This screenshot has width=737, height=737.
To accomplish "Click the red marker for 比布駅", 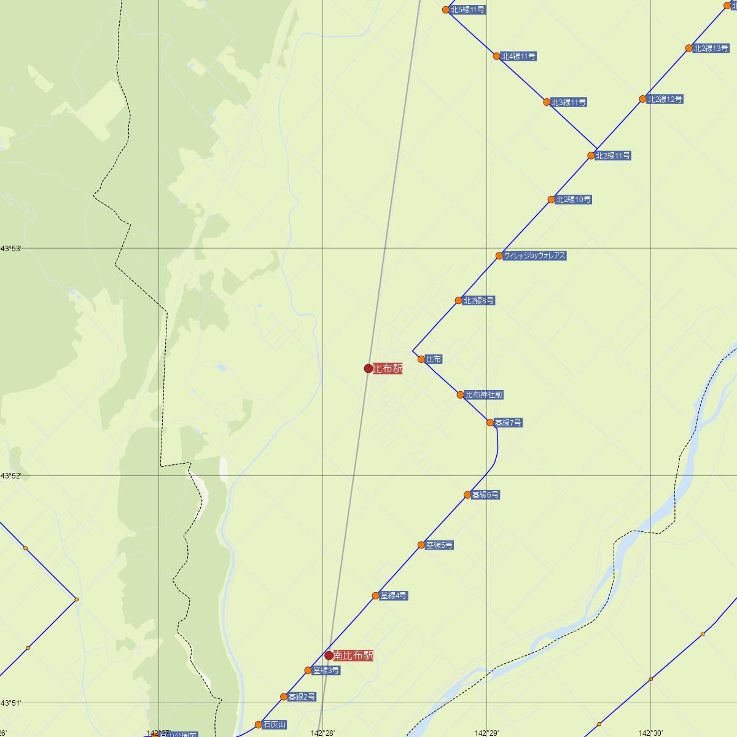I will click(368, 368).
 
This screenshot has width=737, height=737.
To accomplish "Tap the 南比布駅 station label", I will click(353, 656).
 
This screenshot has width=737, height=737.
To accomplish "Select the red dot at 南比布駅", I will click(329, 655).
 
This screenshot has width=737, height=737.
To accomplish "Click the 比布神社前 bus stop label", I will click(484, 395).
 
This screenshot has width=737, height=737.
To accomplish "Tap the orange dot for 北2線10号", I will click(552, 200).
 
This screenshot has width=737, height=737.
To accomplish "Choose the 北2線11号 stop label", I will click(612, 156).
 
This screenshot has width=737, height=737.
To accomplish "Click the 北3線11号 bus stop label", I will click(568, 102).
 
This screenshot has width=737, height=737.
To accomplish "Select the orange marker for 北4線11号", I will click(497, 57).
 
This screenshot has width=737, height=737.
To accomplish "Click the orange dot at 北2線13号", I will click(689, 49).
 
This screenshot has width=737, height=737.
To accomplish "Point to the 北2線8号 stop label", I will click(479, 301).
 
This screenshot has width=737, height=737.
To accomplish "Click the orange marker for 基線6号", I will click(467, 495).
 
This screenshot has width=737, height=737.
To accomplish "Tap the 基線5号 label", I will click(439, 545).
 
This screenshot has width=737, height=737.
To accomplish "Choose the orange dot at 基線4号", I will click(375, 596).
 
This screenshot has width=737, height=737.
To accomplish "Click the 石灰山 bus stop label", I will click(275, 725).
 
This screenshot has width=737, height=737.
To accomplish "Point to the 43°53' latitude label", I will click(11, 248).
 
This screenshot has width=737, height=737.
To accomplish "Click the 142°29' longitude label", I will click(486, 733).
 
